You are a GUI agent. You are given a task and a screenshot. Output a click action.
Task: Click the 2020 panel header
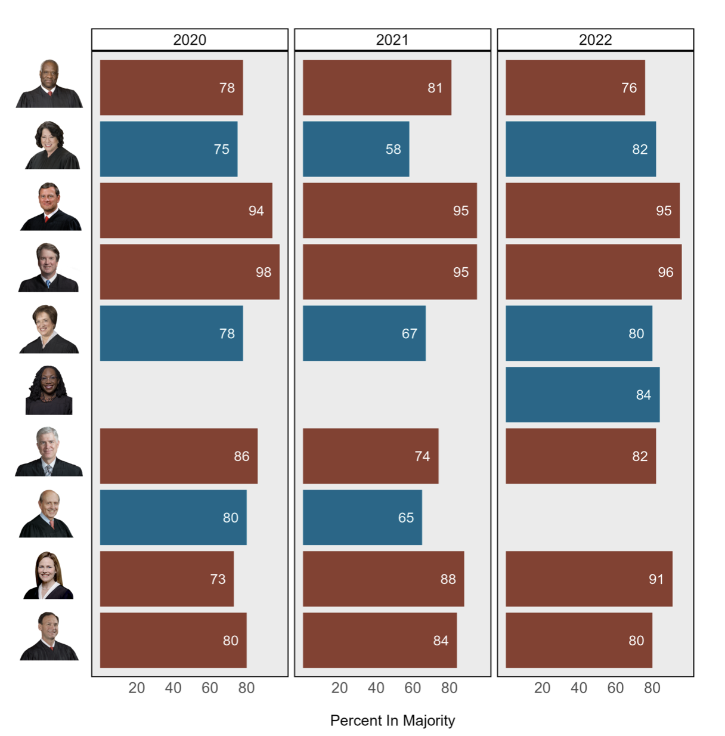(190, 40)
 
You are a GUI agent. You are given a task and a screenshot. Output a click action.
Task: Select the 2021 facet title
(392, 40)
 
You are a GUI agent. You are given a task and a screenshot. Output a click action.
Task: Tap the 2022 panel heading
(595, 40)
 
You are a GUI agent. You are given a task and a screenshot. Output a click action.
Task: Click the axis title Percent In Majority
(392, 720)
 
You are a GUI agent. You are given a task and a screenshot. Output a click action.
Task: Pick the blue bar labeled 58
(356, 149)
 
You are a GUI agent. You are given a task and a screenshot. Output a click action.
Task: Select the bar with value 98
(190, 272)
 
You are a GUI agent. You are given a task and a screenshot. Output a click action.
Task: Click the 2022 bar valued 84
(583, 395)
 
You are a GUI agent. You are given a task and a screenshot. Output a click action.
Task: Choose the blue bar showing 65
(362, 518)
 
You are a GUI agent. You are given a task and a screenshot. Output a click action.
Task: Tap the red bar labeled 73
(167, 579)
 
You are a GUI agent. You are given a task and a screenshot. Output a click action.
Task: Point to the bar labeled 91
(589, 579)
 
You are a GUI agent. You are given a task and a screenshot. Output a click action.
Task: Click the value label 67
(409, 334)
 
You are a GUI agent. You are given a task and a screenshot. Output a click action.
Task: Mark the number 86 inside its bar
(241, 457)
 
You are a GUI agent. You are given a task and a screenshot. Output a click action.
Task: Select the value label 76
(629, 88)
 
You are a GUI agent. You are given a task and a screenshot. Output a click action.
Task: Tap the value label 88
(448, 580)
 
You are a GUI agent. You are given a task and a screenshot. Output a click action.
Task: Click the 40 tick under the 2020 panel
(173, 688)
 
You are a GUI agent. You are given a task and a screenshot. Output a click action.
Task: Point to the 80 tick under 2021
(449, 688)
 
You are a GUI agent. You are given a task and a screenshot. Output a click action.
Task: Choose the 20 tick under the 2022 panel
(542, 688)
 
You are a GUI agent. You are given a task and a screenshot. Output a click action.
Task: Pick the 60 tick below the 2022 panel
(615, 688)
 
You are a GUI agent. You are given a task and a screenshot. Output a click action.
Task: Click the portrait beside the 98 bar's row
(48, 268)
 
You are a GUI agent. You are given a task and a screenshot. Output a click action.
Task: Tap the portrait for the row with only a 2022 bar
(49, 391)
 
